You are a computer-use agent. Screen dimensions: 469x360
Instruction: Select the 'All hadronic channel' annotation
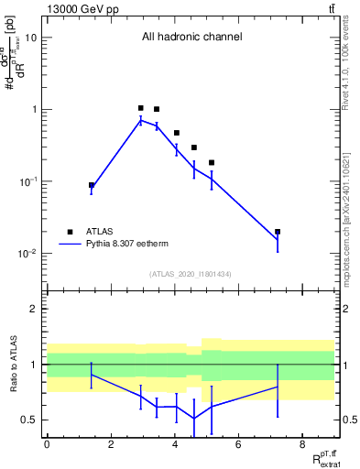click(x=191, y=38)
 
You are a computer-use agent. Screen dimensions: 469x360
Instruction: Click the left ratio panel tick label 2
click(x=35, y=309)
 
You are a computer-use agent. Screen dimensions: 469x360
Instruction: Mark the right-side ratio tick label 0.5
click(x=350, y=420)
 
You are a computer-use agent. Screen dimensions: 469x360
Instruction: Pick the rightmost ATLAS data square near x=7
click(x=278, y=232)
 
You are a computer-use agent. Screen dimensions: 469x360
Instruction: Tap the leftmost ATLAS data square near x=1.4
click(x=92, y=185)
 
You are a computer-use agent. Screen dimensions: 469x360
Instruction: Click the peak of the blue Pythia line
click(x=140, y=120)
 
